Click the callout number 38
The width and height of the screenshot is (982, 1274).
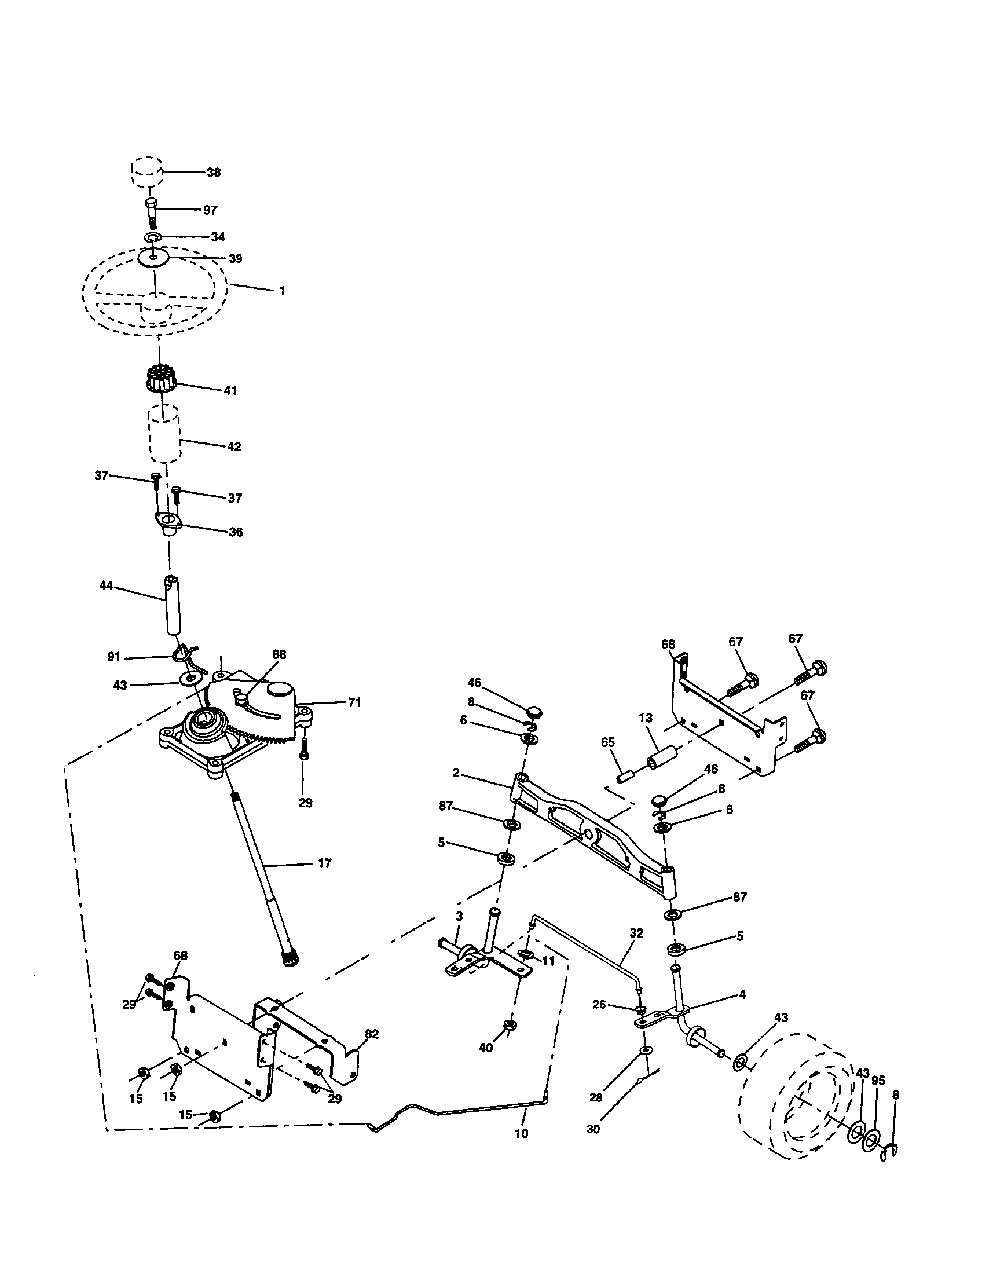(214, 173)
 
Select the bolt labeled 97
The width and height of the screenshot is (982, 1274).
(151, 214)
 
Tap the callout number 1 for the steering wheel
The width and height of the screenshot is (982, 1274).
(282, 291)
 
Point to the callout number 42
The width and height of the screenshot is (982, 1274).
(233, 447)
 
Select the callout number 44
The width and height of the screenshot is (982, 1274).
(106, 585)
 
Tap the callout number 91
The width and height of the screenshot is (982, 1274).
(113, 657)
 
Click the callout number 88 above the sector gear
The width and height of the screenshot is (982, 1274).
(279, 654)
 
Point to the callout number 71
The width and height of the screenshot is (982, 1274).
(354, 702)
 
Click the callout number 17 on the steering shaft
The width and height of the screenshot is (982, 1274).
(324, 863)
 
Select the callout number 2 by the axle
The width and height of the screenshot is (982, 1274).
(456, 774)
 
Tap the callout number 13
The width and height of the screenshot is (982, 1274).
(646, 718)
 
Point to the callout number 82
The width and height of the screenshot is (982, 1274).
(372, 1034)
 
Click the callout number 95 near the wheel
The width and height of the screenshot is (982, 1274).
(878, 1081)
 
